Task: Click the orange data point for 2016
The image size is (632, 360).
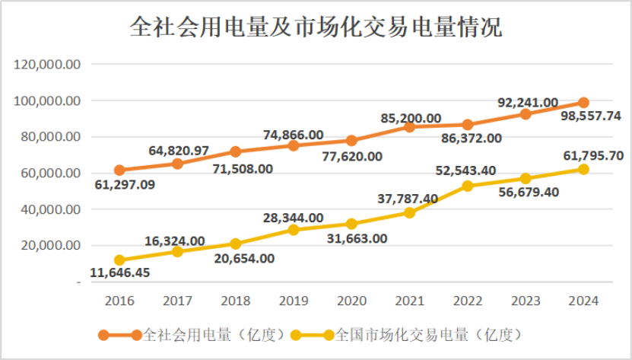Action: click(x=119, y=170)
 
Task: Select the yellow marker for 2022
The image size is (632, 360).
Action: click(x=467, y=186)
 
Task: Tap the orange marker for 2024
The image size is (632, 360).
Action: click(x=583, y=103)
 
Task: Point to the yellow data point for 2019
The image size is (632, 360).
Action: click(x=294, y=229)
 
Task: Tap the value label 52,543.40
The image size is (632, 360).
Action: click(x=466, y=169)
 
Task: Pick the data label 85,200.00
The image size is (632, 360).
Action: click(x=411, y=118)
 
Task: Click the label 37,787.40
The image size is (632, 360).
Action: click(x=408, y=199)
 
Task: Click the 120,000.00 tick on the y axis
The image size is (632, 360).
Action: click(x=48, y=65)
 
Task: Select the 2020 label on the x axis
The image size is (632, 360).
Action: click(x=351, y=300)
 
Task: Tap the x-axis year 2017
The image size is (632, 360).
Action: click(x=177, y=300)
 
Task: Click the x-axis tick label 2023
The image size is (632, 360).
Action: click(x=525, y=300)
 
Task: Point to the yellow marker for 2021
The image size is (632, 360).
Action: click(x=409, y=212)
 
